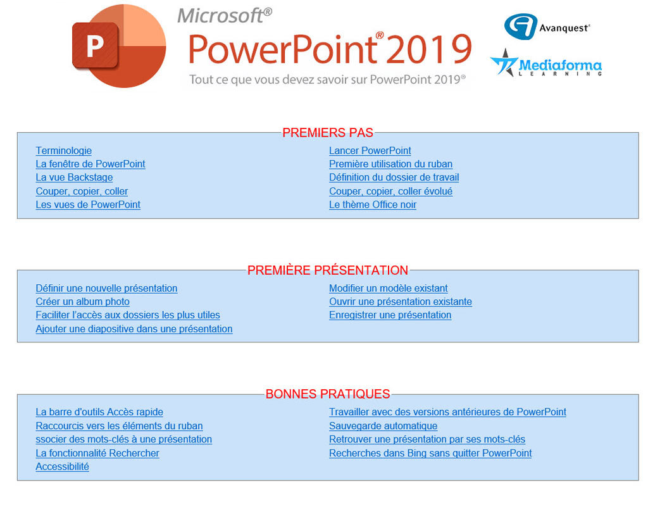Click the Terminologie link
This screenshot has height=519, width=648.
click(64, 151)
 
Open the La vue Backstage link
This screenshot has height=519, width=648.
click(74, 178)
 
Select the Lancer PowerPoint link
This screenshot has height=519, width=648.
click(370, 151)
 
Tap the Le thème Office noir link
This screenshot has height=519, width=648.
click(372, 205)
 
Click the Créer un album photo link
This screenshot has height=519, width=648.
click(83, 302)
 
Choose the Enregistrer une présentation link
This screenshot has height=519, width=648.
click(390, 315)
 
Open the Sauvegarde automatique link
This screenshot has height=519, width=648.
click(383, 426)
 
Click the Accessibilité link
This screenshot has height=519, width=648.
click(63, 466)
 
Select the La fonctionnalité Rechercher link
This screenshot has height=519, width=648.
click(97, 453)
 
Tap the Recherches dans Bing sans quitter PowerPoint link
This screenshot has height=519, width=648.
click(430, 453)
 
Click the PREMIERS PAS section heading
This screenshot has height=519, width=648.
click(328, 133)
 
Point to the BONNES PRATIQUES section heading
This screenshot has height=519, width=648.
click(328, 394)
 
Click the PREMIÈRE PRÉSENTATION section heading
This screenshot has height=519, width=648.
click(328, 270)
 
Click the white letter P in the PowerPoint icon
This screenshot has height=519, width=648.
click(95, 46)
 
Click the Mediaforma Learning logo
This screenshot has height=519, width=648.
click(546, 64)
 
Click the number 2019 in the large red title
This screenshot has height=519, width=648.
click(430, 49)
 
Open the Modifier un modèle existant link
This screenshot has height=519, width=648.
click(388, 289)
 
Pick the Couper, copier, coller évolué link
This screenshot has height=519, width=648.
click(390, 191)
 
